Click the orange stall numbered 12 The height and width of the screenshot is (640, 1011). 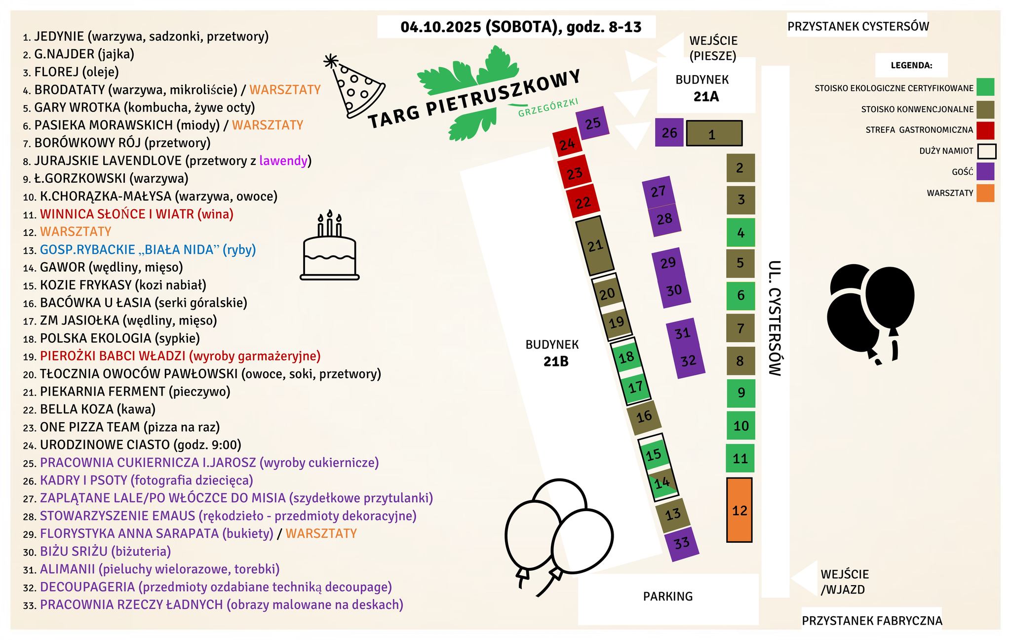coord(739,510)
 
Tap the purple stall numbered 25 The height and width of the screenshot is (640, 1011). coord(592,123)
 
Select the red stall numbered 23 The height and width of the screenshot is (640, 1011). coord(575,173)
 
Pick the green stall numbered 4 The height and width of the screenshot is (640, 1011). coord(740,232)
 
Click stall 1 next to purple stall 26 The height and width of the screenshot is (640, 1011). coord(714,133)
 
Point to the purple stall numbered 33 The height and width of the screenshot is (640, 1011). coord(682,544)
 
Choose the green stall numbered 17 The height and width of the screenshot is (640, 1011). coord(636,386)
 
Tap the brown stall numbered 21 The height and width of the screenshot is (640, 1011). coord(595,245)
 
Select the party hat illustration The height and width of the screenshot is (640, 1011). coord(354,87)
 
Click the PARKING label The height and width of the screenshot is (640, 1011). coord(667,597)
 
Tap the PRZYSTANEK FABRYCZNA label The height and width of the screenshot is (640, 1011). coord(872,621)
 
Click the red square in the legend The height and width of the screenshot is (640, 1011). coord(985,130)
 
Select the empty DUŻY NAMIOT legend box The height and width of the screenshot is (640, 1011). coord(986,151)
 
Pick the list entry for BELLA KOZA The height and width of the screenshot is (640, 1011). coord(97,409)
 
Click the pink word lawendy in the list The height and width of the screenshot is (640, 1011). coord(283,161)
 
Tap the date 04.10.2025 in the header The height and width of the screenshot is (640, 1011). coord(440,27)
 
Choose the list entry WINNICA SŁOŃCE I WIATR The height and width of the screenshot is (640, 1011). coord(136,214)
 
